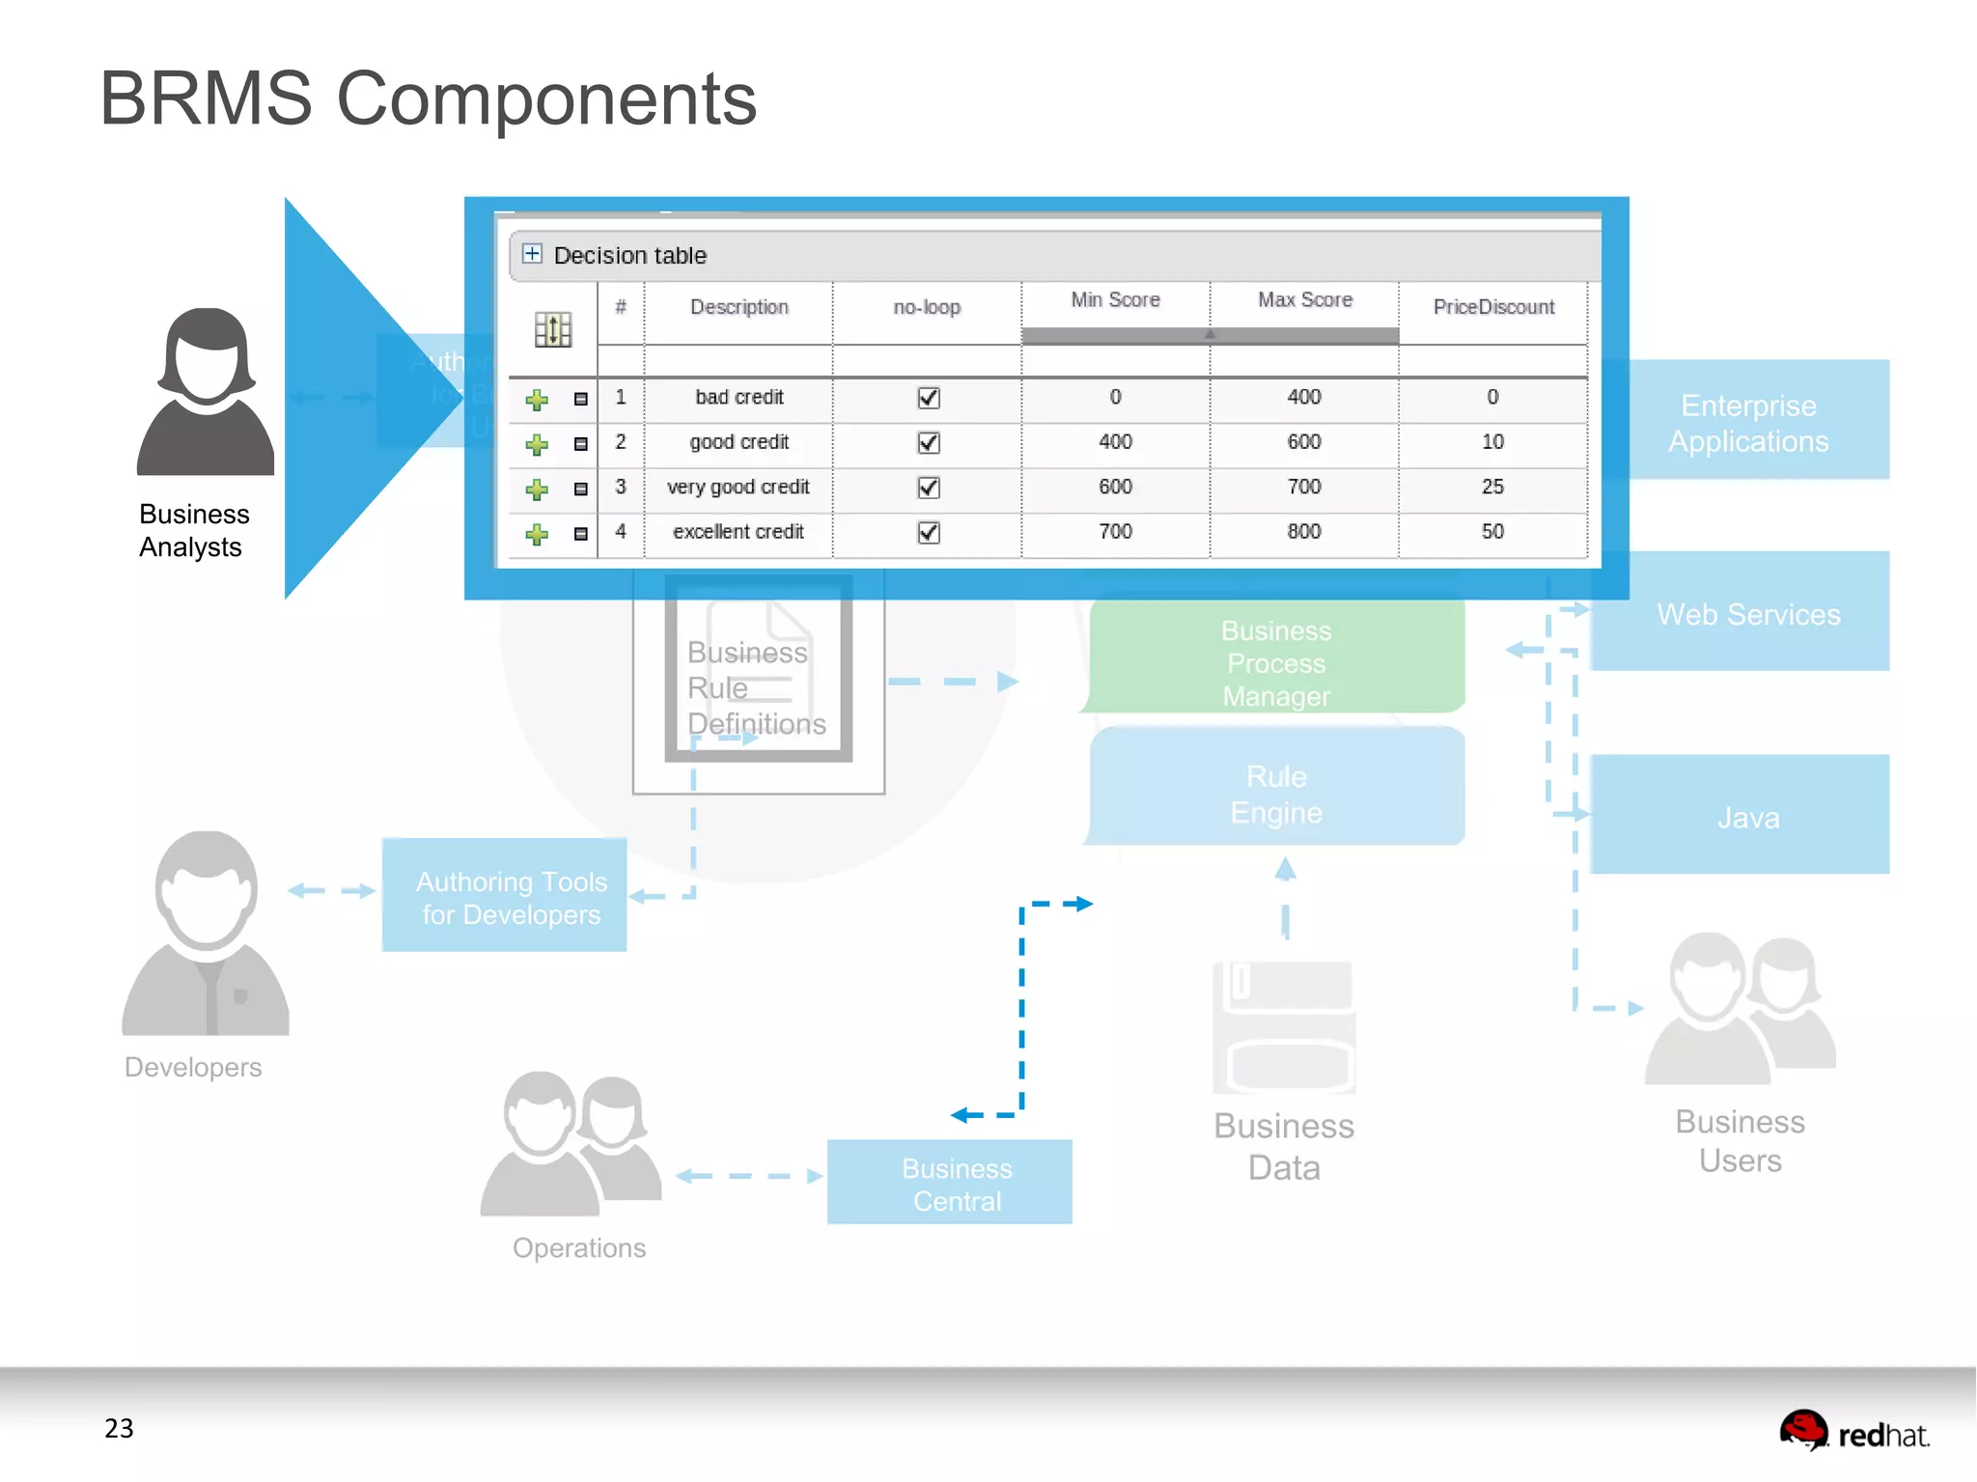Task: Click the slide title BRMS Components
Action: (x=428, y=98)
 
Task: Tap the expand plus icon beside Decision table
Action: (x=532, y=254)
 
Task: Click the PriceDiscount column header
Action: (x=1492, y=307)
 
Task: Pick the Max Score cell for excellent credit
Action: (x=1303, y=532)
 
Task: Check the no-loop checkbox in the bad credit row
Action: (x=928, y=398)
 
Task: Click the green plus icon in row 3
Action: (x=537, y=489)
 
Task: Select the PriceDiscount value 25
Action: (x=1492, y=487)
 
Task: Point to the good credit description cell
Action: (x=738, y=442)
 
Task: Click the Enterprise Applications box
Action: (x=1748, y=422)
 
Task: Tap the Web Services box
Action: (x=1748, y=613)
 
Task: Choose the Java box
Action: (x=1748, y=816)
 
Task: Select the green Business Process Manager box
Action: (x=1276, y=661)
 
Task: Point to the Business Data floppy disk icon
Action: (x=1284, y=1026)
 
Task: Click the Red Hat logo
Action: (x=1853, y=1431)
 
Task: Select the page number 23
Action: (x=119, y=1428)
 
